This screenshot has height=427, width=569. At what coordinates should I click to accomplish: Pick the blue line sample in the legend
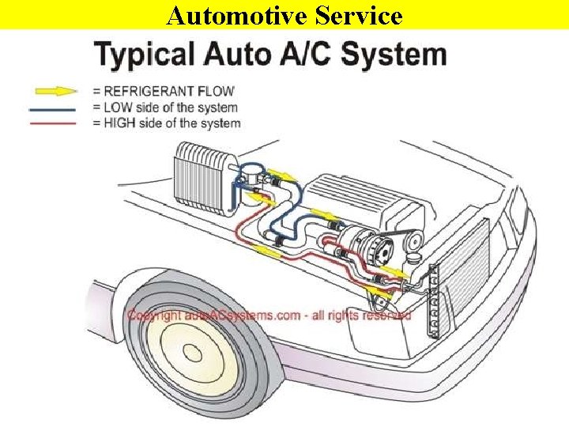pyautogui.click(x=54, y=108)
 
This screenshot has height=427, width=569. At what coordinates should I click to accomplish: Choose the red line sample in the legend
pyautogui.click(x=54, y=123)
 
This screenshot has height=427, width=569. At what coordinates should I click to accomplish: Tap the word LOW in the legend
pyautogui.click(x=117, y=108)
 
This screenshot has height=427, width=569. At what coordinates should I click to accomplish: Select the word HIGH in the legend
pyautogui.click(x=119, y=123)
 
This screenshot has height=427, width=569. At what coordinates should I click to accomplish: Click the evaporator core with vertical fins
pyautogui.click(x=202, y=176)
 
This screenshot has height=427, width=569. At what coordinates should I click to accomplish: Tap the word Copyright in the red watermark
pyautogui.click(x=154, y=316)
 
